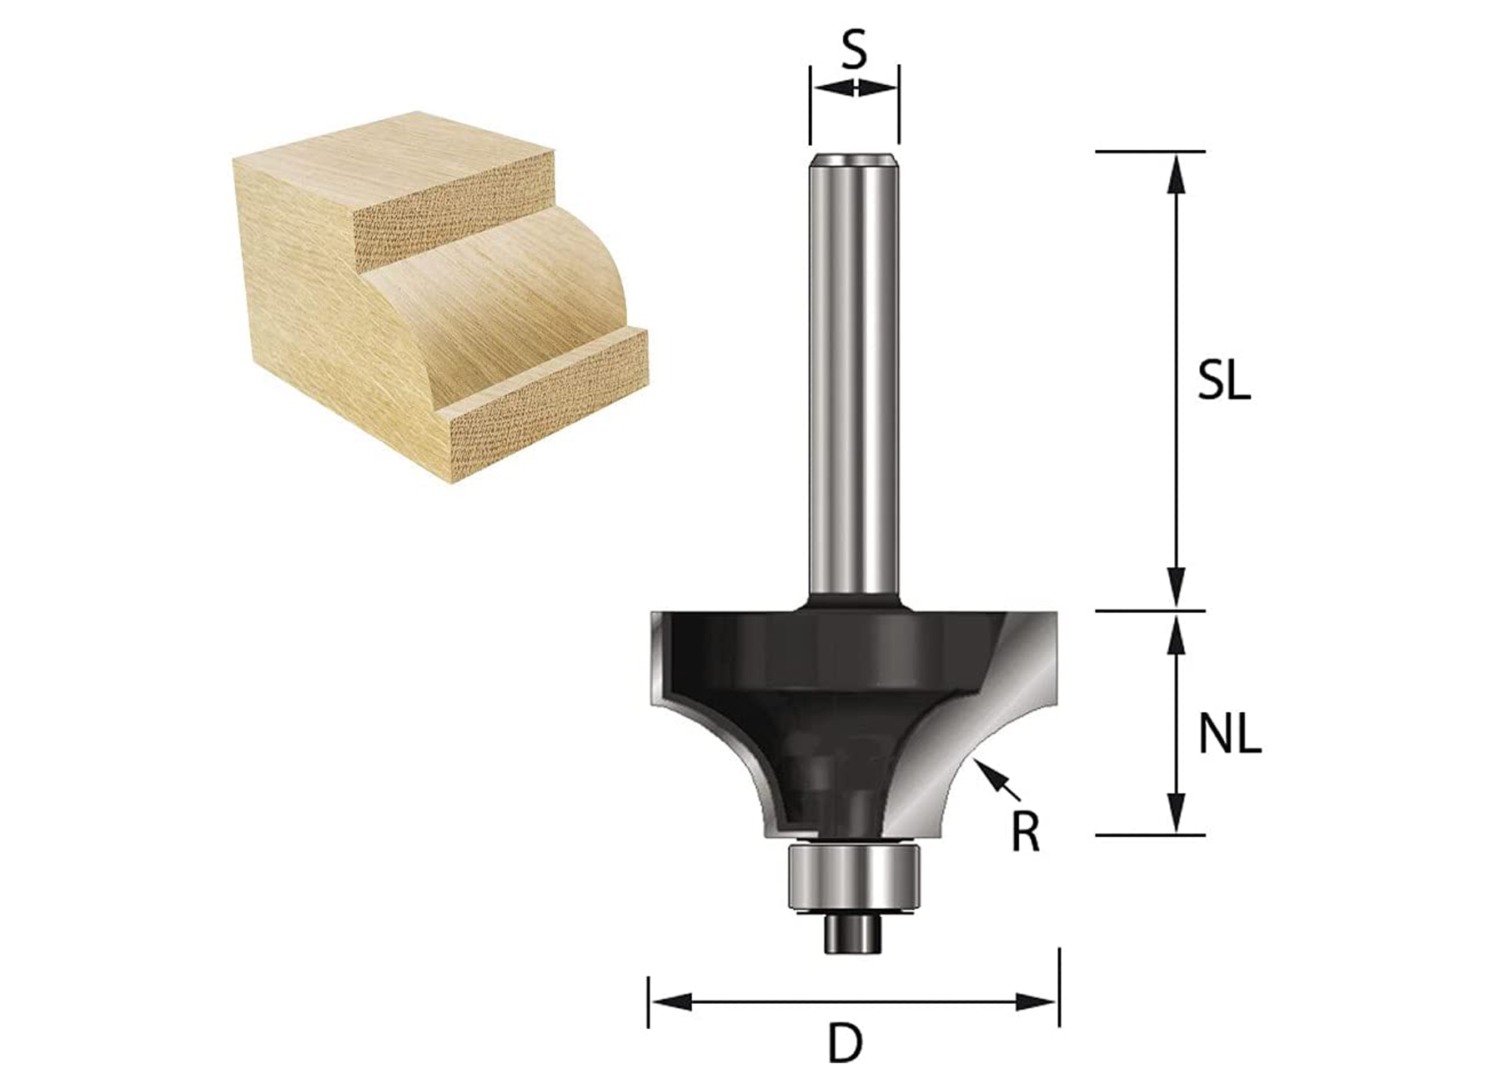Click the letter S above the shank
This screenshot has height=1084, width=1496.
point(854,51)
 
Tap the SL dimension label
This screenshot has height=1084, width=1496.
point(1223,383)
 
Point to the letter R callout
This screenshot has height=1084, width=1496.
point(1025,832)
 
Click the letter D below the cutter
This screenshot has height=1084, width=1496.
point(845,1044)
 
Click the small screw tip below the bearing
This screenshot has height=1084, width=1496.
point(853,935)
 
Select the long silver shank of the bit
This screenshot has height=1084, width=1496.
point(854,375)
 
